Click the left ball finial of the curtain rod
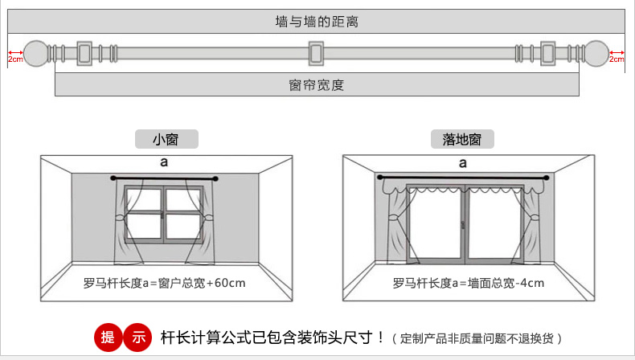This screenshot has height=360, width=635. click(36, 54)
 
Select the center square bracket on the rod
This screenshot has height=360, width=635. click(316, 54)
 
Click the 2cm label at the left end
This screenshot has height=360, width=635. click(14, 59)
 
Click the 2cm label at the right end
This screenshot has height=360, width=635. click(617, 59)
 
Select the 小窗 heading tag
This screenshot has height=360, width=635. click(165, 138)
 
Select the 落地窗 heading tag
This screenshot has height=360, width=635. click(461, 138)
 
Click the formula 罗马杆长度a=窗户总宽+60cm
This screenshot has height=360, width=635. click(165, 283)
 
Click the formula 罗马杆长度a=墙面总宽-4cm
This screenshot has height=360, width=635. click(469, 283)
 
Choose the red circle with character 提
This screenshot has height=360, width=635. click(107, 337)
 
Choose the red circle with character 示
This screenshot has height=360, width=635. click(138, 337)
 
